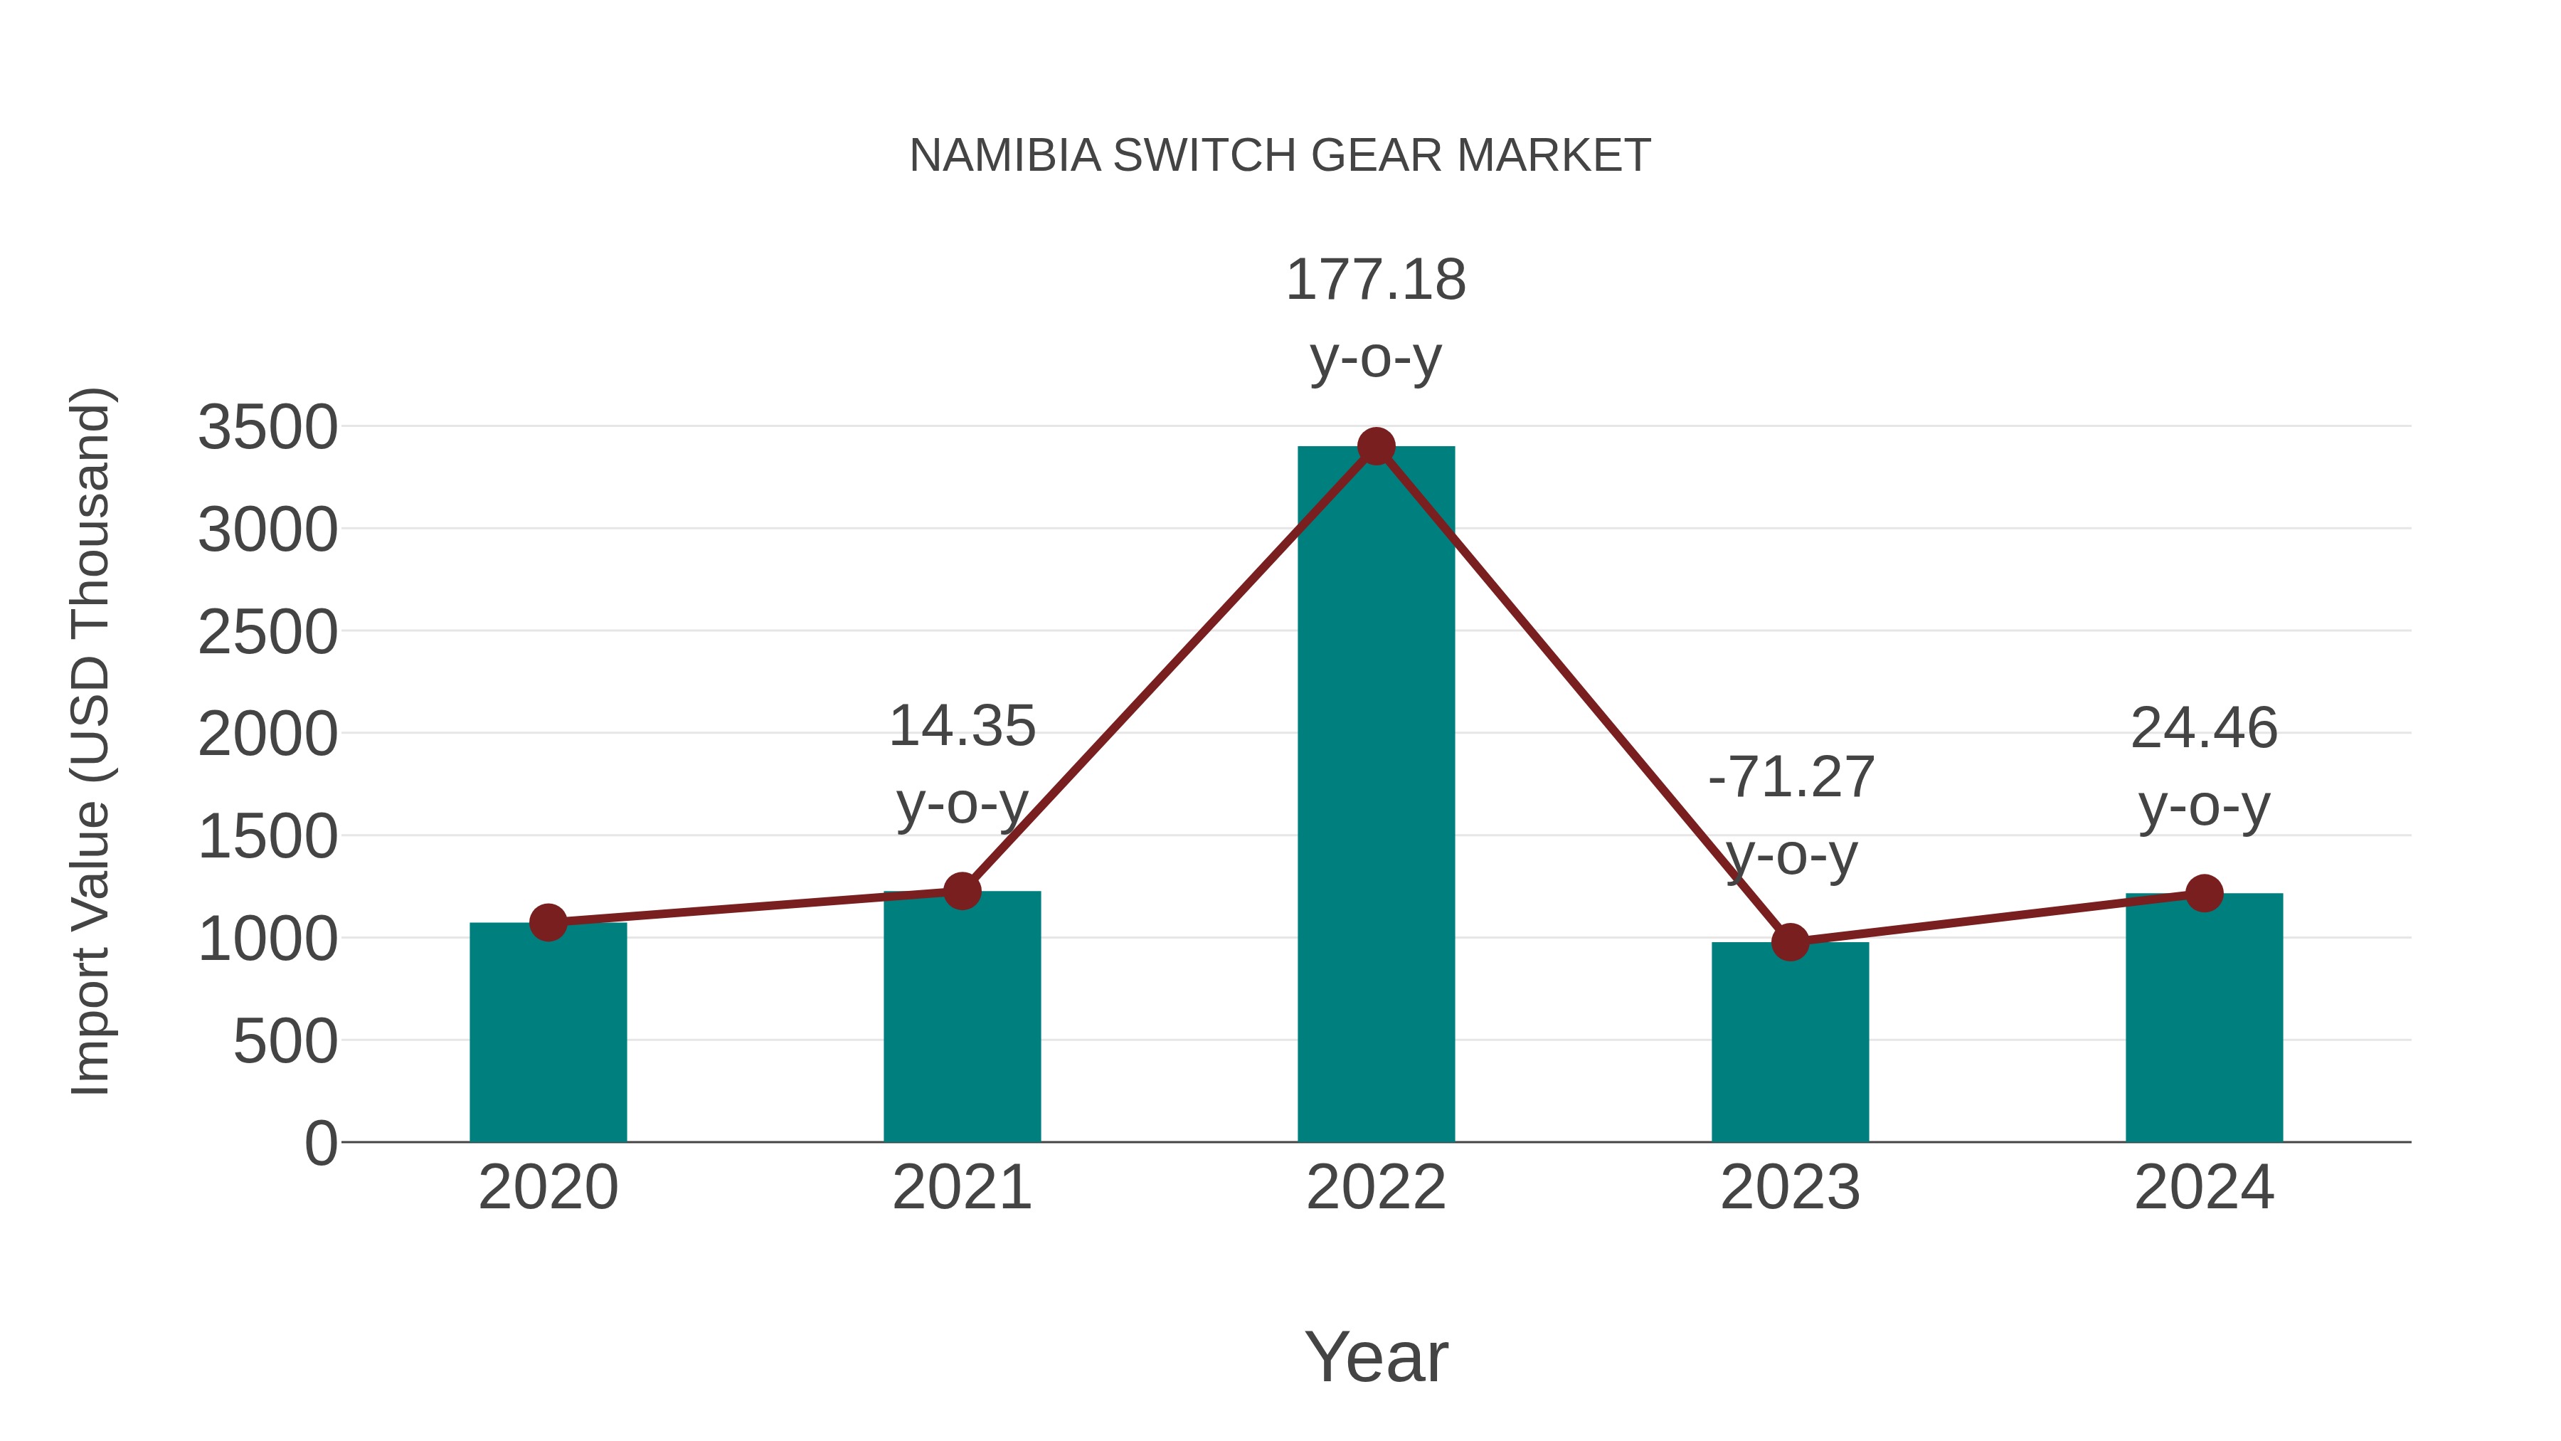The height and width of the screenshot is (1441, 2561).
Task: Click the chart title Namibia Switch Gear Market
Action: pyautogui.click(x=1280, y=156)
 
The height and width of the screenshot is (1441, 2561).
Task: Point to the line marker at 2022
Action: pyautogui.click(x=1376, y=446)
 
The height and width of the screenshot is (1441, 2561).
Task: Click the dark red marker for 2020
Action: pyautogui.click(x=548, y=923)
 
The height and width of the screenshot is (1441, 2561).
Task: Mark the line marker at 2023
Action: pyautogui.click(x=1790, y=941)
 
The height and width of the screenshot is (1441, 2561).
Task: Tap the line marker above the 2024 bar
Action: pyautogui.click(x=2204, y=893)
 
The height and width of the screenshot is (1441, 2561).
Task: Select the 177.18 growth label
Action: pyautogui.click(x=1376, y=280)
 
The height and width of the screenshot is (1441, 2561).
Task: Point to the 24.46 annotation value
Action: pyautogui.click(x=2204, y=728)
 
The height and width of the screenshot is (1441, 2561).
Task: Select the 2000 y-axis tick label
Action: pyautogui.click(x=268, y=735)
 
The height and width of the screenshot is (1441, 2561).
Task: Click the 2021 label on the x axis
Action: pyautogui.click(x=961, y=1188)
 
